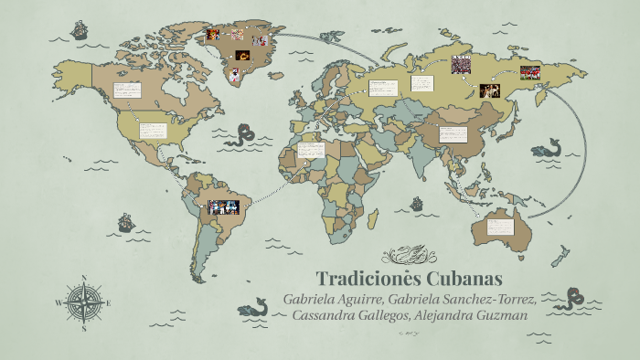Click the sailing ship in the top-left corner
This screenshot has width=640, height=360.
point(79,31)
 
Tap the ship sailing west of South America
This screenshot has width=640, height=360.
point(126,222)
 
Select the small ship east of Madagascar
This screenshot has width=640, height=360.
point(417,204)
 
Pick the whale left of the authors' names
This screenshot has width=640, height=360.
point(252,310)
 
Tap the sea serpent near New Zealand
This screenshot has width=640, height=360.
point(576,297)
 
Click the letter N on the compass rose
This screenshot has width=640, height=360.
point(84,277)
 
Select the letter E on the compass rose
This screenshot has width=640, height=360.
point(108,302)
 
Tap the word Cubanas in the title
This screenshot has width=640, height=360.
point(470,278)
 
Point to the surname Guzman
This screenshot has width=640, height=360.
point(497,315)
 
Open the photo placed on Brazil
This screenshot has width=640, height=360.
point(222,207)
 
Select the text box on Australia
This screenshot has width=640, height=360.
point(501,224)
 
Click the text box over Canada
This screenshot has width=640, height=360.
point(126,90)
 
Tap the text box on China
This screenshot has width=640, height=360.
point(453,133)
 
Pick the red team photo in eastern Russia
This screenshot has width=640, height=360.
point(529,71)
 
